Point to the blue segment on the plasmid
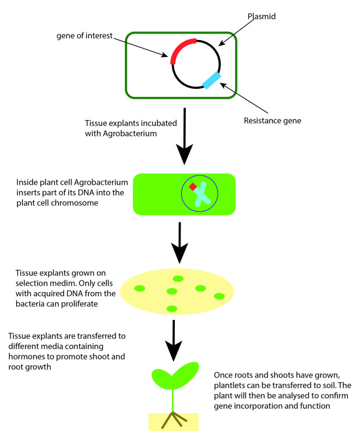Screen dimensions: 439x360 pos(211,80)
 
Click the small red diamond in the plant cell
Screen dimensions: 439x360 pos(192,187)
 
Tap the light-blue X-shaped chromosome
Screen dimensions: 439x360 pos(202,195)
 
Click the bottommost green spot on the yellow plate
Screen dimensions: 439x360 pos(171,308)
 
